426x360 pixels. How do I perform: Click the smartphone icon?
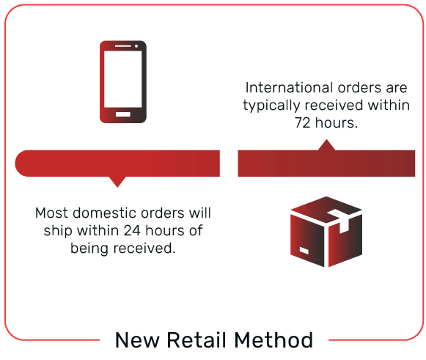pos(123,82)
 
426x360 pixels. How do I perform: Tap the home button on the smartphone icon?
pos(123,114)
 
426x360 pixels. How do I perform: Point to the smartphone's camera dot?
pos(136,46)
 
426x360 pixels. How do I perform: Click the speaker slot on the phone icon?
pos(123,46)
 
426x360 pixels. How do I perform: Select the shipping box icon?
pos(326,232)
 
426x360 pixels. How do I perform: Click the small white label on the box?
pos(304,250)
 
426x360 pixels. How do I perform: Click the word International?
pos(290,88)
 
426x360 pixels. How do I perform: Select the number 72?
pos(302,122)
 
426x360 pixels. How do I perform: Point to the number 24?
pos(132,230)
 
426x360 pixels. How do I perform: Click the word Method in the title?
pos(273,340)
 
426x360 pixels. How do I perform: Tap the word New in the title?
pos(137,340)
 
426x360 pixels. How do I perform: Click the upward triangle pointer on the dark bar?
pos(326,145)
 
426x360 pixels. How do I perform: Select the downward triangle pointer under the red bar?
pos(117,182)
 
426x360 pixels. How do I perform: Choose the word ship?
pos(58,231)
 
